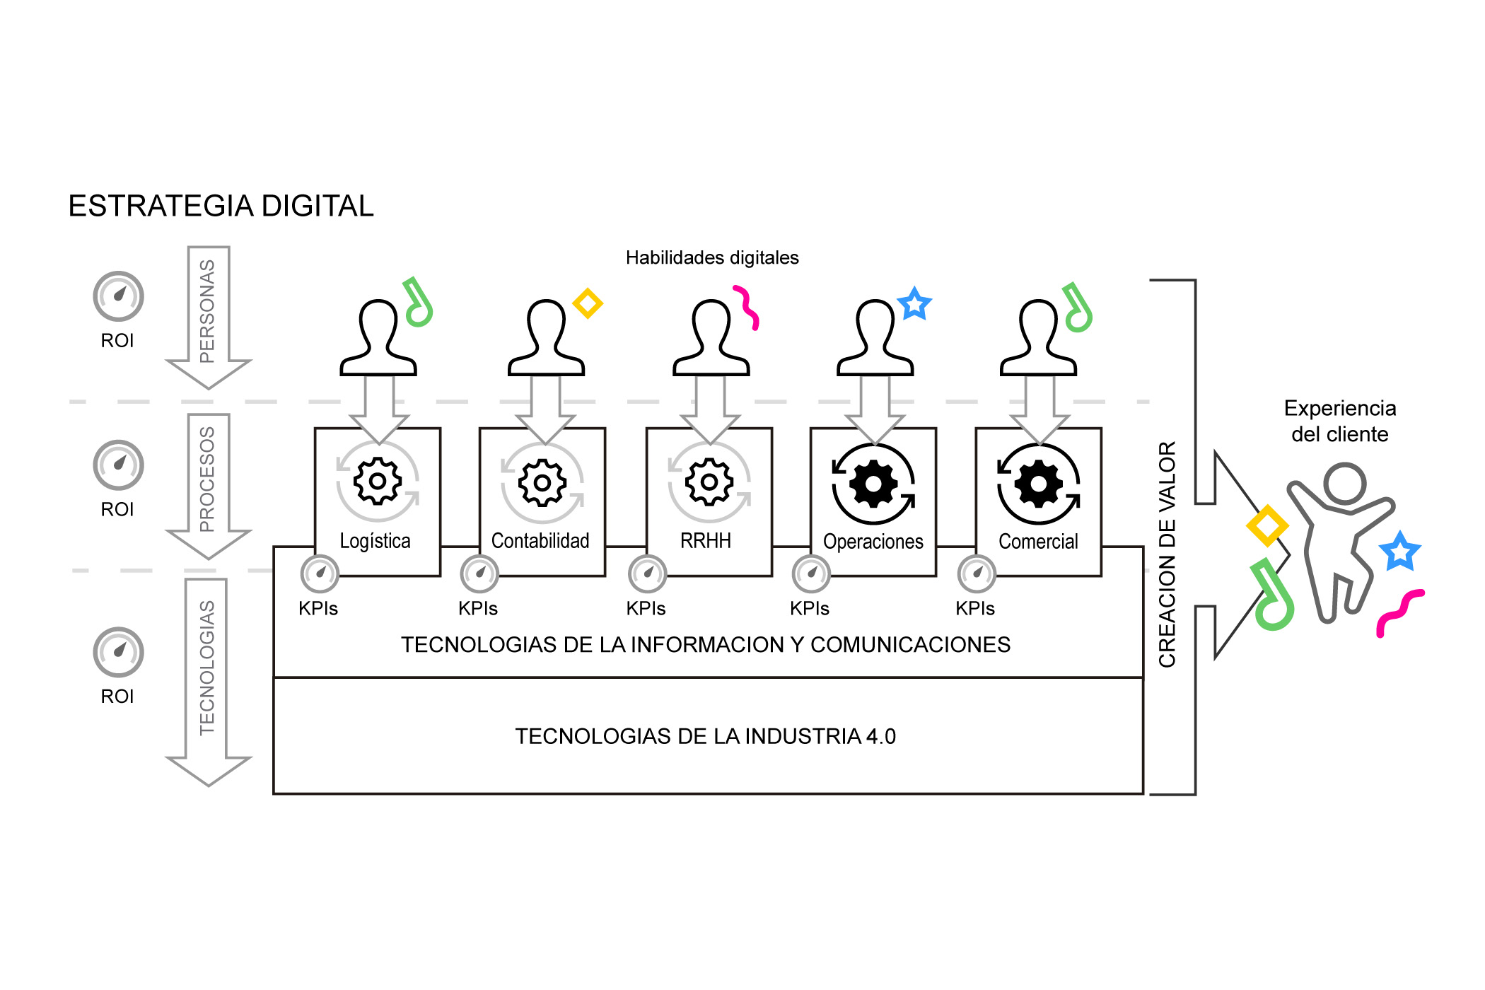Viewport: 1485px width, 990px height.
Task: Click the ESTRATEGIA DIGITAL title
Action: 221,206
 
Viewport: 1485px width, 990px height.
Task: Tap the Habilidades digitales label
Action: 712,257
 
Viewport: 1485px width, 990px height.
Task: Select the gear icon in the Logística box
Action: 378,482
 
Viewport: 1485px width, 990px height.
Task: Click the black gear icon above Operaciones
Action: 874,484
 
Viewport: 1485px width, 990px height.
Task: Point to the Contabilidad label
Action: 540,541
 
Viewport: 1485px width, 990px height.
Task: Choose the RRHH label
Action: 706,541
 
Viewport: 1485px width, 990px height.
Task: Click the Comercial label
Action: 1038,542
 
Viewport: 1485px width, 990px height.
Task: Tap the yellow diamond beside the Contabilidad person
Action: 588,303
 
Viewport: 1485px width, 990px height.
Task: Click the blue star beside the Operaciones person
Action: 914,304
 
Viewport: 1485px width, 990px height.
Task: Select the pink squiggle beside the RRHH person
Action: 747,307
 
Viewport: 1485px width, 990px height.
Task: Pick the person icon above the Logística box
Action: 378,338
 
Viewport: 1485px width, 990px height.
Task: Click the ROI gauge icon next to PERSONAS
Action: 119,296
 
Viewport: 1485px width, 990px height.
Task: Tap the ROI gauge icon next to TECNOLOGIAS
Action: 119,652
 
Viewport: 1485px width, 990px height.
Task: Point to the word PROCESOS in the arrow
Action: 207,479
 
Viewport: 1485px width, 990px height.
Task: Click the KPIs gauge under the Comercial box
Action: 977,573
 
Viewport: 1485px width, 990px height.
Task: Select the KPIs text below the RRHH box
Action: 646,608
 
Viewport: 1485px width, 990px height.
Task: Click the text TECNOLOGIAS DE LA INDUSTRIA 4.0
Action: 705,736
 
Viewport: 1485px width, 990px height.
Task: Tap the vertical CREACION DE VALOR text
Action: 1167,554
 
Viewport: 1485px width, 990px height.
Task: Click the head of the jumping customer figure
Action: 1344,484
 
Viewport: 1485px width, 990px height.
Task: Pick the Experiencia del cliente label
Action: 1339,421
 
